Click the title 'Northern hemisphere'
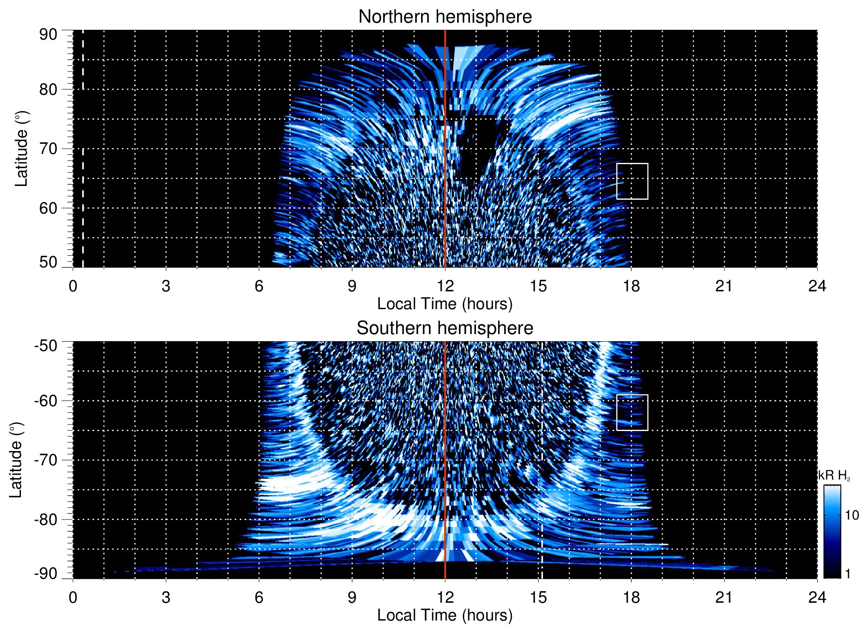(x=445, y=17)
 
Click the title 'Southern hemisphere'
(x=445, y=328)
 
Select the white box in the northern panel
(x=632, y=181)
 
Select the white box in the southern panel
(x=632, y=412)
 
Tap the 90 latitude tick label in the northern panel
(x=48, y=35)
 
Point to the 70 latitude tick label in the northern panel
(x=48, y=149)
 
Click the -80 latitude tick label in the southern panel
(x=46, y=519)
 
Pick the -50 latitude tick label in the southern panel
(x=46, y=346)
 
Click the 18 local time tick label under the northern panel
(x=631, y=286)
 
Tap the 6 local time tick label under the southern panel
(x=259, y=597)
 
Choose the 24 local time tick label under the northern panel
(x=817, y=286)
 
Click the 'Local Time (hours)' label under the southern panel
(x=445, y=615)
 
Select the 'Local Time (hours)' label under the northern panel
(x=445, y=304)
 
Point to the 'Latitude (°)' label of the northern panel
(x=21, y=149)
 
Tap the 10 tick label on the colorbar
(x=852, y=515)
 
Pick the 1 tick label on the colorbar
(x=848, y=573)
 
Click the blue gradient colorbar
(x=832, y=532)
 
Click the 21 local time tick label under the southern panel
(x=724, y=597)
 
